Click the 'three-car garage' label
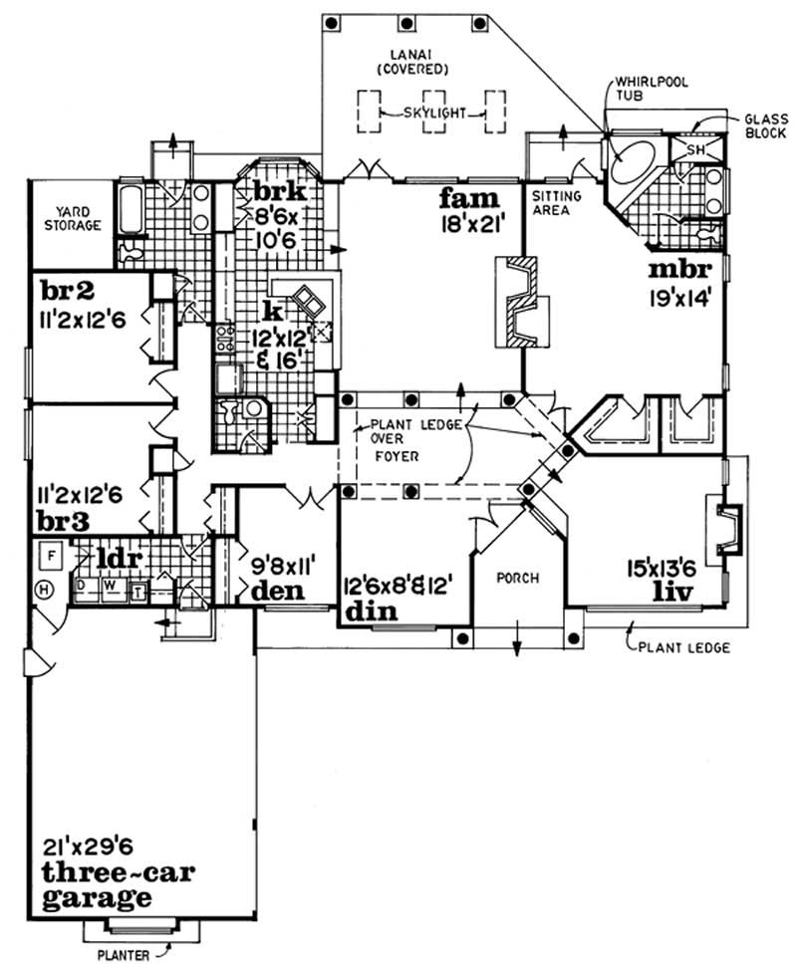(x=117, y=884)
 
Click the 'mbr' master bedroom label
(x=677, y=270)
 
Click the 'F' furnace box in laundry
(x=48, y=552)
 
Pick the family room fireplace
(x=519, y=300)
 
